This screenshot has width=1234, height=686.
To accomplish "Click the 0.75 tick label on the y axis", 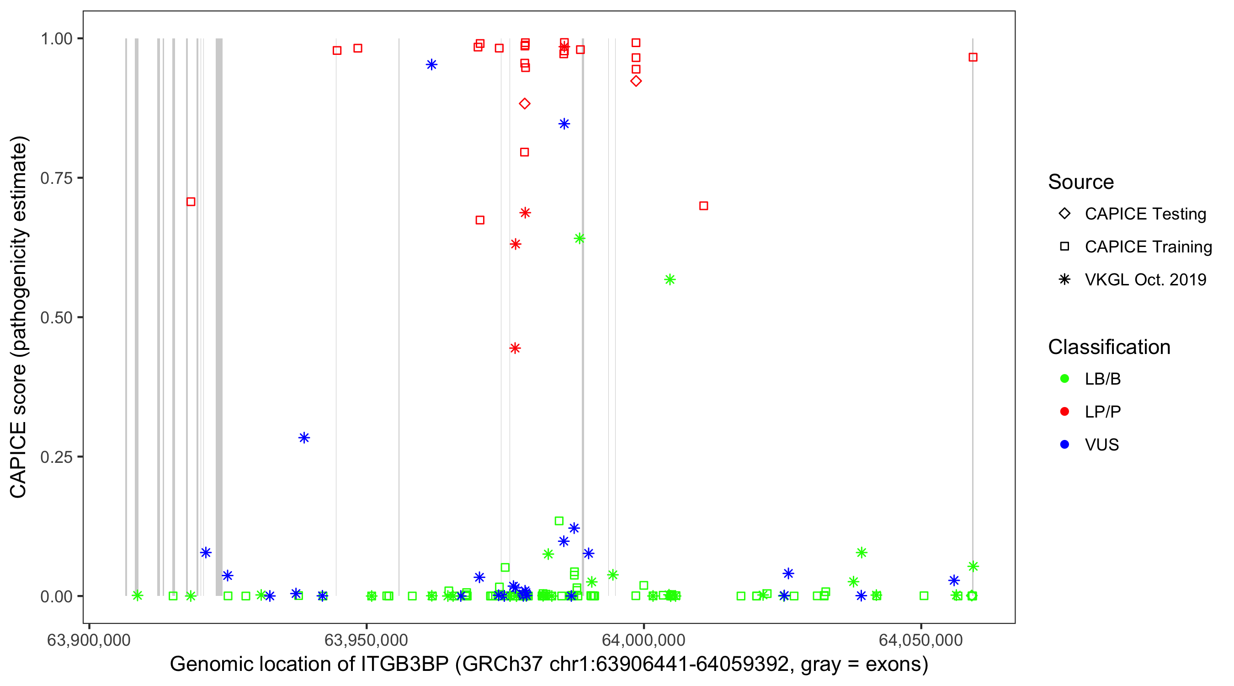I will click(56, 178).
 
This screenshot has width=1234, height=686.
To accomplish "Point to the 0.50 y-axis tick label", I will click(56, 317).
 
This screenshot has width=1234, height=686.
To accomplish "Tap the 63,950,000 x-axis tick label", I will click(366, 640).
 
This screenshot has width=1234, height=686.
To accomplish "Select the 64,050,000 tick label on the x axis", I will click(921, 640).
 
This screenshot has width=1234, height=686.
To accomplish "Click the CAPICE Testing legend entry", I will click(1145, 214).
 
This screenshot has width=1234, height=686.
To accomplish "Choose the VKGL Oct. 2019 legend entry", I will click(1145, 279).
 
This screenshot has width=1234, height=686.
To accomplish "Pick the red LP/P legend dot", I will click(1064, 412).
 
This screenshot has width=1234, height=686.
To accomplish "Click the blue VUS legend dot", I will click(1064, 445).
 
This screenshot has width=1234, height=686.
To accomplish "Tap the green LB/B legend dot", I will click(1064, 379).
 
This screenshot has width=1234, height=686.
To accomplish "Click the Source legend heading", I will click(1081, 182).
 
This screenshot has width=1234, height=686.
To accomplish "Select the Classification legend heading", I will click(1109, 347).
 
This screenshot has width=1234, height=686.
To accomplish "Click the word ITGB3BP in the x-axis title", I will click(404, 665).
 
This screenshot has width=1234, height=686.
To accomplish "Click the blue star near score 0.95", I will click(431, 65).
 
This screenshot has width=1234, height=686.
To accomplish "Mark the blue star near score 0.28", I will click(304, 438).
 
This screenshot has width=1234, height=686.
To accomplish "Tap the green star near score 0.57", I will click(670, 279).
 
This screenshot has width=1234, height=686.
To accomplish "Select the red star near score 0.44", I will click(515, 348).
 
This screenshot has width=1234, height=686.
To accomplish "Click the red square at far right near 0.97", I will click(973, 58).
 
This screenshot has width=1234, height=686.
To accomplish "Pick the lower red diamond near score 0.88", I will click(525, 103).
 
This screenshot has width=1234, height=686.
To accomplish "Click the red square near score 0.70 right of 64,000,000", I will click(704, 206).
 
